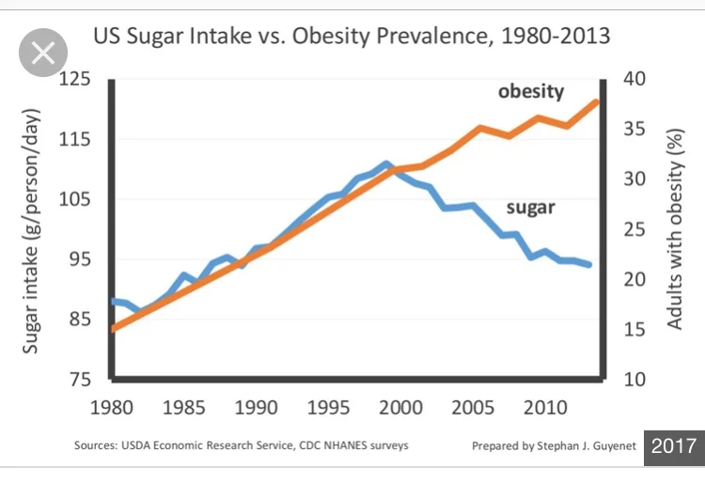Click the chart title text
[351, 38]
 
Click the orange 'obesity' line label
[531, 91]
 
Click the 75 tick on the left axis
[82, 380]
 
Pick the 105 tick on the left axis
[77, 199]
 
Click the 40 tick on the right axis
[635, 79]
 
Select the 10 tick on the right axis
[635, 380]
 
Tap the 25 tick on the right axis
[635, 229]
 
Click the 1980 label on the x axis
[112, 409]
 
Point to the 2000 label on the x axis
[400, 409]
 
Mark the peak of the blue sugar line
[386, 164]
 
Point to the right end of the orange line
[597, 101]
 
